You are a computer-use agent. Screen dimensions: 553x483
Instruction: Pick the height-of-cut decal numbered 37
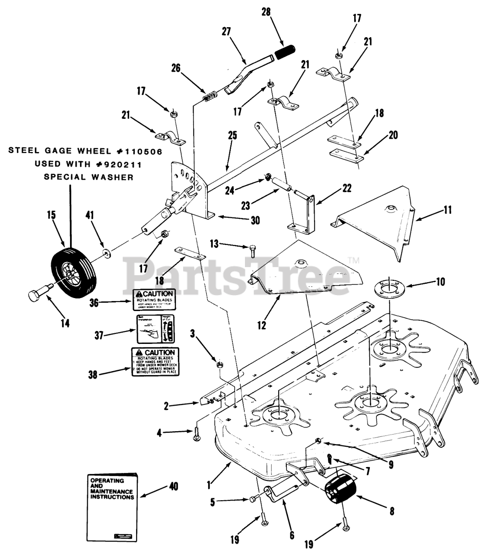pyautogui.click(x=153, y=329)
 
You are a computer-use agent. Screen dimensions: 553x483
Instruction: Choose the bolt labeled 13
pyautogui.click(x=253, y=249)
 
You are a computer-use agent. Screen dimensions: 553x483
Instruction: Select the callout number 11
pyautogui.click(x=447, y=210)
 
